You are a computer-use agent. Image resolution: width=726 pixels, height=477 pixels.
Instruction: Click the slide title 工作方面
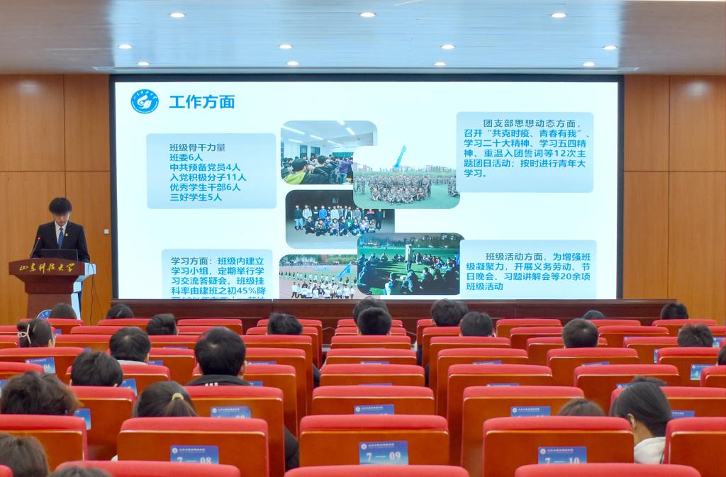(x=201, y=101)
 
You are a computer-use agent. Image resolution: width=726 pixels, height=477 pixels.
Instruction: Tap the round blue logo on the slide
(x=144, y=101)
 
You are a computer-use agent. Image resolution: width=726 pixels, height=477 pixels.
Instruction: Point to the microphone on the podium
(x=35, y=245)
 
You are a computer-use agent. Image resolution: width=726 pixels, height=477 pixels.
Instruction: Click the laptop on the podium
(x=58, y=254)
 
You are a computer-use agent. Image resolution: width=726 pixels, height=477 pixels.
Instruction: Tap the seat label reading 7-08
(x=194, y=454)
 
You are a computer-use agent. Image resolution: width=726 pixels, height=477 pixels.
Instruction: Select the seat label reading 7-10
(x=562, y=454)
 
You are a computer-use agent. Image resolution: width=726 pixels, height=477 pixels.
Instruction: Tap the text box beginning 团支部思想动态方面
(x=524, y=152)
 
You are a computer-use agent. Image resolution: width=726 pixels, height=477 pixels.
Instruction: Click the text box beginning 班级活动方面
(x=527, y=270)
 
